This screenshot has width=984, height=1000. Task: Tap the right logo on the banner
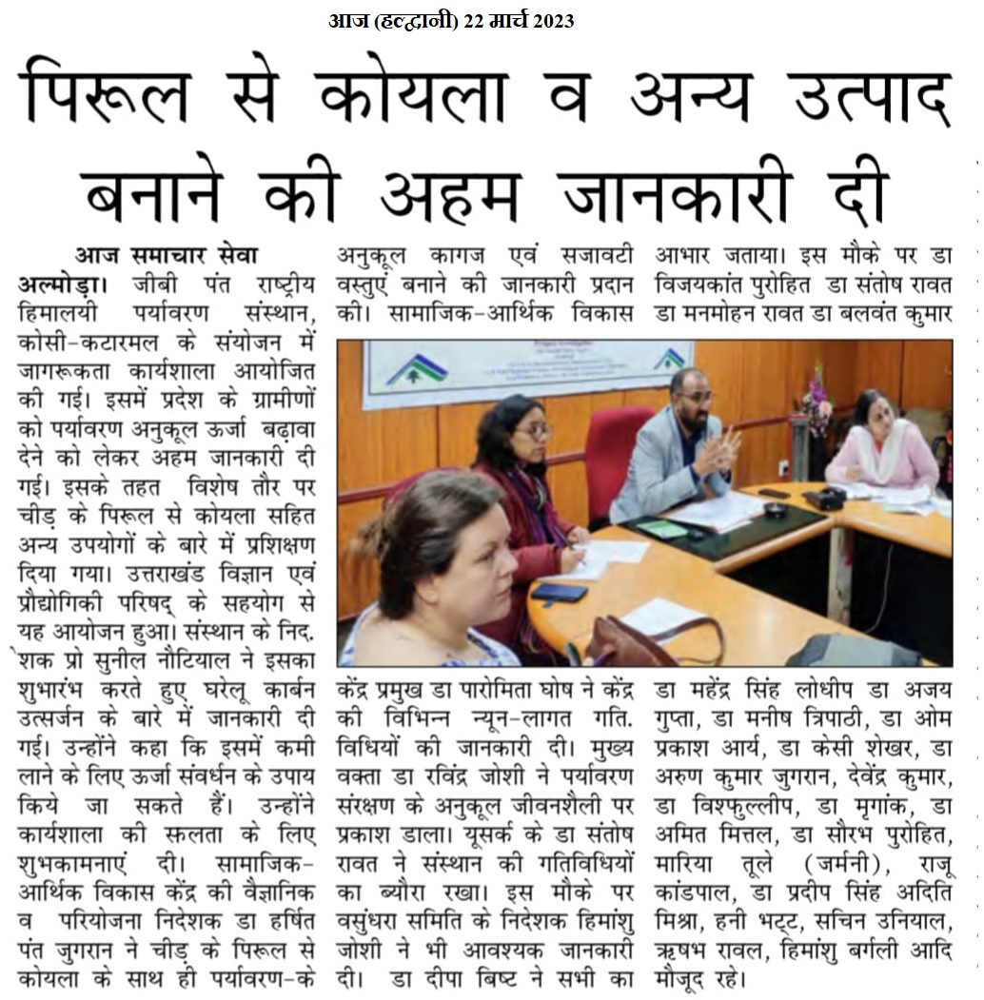pos(672,360)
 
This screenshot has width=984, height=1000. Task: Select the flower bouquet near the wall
pos(817,404)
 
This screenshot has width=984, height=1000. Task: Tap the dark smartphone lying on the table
pos(560,592)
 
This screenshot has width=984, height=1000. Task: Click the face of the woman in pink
pos(877,412)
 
